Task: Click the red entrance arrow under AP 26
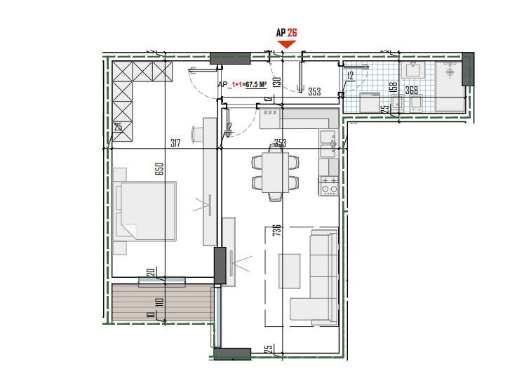pos(287,44)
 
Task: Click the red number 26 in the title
pos(293,32)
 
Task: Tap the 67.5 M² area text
pos(255,84)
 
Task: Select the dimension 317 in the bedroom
pos(175,143)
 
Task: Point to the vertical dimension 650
pos(160,169)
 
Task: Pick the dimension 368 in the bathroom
pos(411,90)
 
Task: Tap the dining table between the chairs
pos(276,173)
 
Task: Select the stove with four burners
pos(329,186)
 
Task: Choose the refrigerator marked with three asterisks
pos(270,119)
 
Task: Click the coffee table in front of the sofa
pos(290,270)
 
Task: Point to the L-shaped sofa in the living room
pos(319,281)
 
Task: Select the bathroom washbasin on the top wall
pos(412,70)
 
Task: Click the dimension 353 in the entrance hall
pos(314,91)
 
